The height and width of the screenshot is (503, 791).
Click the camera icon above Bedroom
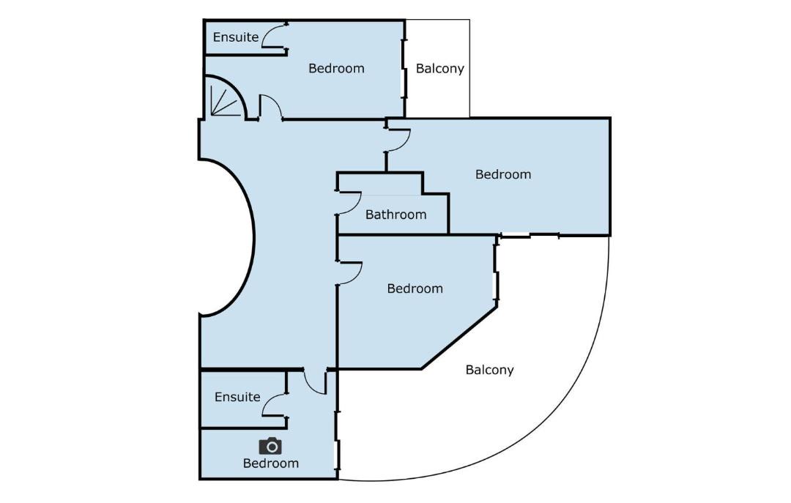pyautogui.click(x=270, y=446)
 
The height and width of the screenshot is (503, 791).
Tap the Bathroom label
pyautogui.click(x=396, y=215)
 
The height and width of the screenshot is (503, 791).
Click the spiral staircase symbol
pyautogui.click(x=225, y=97)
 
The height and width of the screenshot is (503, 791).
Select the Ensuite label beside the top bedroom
pyautogui.click(x=236, y=37)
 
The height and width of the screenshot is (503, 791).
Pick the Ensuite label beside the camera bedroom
pyautogui.click(x=237, y=397)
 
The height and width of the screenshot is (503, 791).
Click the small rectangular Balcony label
pyautogui.click(x=440, y=69)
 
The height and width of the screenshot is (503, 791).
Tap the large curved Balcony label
pyautogui.click(x=489, y=370)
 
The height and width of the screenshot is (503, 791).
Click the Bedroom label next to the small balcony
pyautogui.click(x=336, y=69)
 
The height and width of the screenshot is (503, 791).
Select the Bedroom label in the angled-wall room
pyautogui.click(x=415, y=288)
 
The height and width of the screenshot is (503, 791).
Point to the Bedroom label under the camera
pyautogui.click(x=271, y=463)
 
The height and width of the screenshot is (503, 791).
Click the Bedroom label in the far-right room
pyautogui.click(x=503, y=174)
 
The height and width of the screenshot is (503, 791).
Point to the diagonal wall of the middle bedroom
pyautogui.click(x=459, y=338)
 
